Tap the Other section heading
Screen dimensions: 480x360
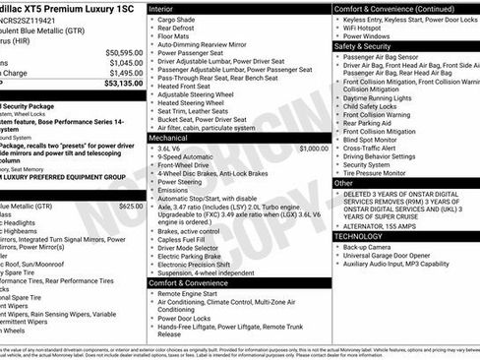click(344, 183)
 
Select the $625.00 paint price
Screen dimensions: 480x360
click(129, 207)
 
